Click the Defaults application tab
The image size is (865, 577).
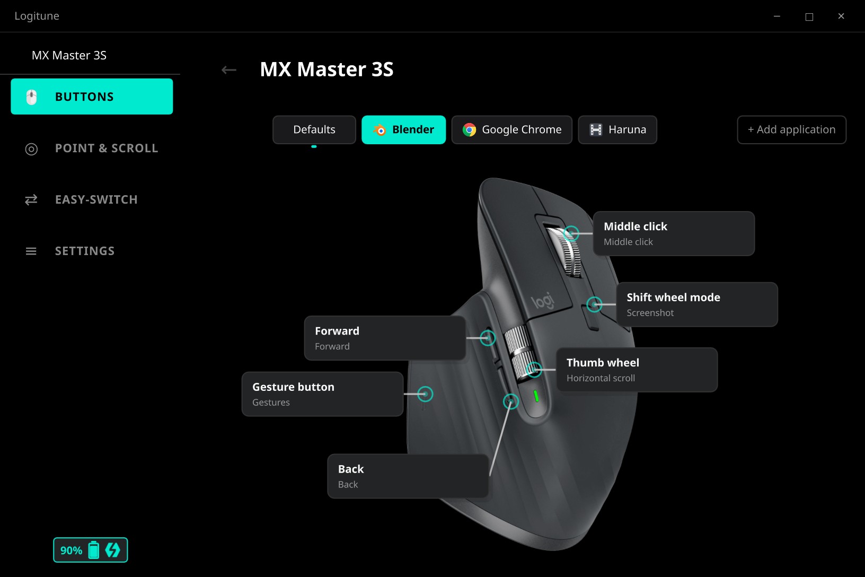tap(314, 129)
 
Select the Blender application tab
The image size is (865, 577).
tap(403, 129)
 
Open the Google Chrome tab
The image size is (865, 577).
tap(511, 129)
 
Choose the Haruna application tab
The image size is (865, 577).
tap(617, 129)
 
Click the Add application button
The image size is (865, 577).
tap(792, 129)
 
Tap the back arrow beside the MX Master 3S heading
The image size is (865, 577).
tap(229, 70)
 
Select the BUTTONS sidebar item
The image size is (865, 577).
tap(92, 96)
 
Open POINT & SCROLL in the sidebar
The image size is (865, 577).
tap(92, 148)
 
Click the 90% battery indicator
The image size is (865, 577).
tap(90, 549)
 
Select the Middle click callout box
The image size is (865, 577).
tap(674, 233)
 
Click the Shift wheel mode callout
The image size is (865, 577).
tap(697, 304)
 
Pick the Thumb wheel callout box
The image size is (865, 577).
tap(637, 370)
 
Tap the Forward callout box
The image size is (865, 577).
tap(385, 338)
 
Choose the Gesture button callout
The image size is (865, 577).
tap(322, 394)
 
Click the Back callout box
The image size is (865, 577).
tap(408, 476)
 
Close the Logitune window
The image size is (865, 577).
tap(841, 16)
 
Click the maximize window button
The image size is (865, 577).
tap(809, 16)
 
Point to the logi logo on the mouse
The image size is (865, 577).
tap(543, 300)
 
